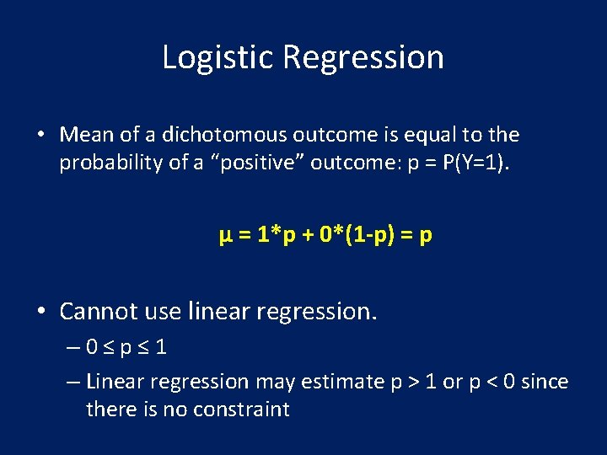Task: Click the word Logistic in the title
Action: coord(218,57)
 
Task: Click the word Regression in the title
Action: coord(363,57)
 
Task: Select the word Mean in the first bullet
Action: coord(80,135)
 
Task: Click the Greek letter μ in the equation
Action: coord(224,235)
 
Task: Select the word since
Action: coord(545,382)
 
